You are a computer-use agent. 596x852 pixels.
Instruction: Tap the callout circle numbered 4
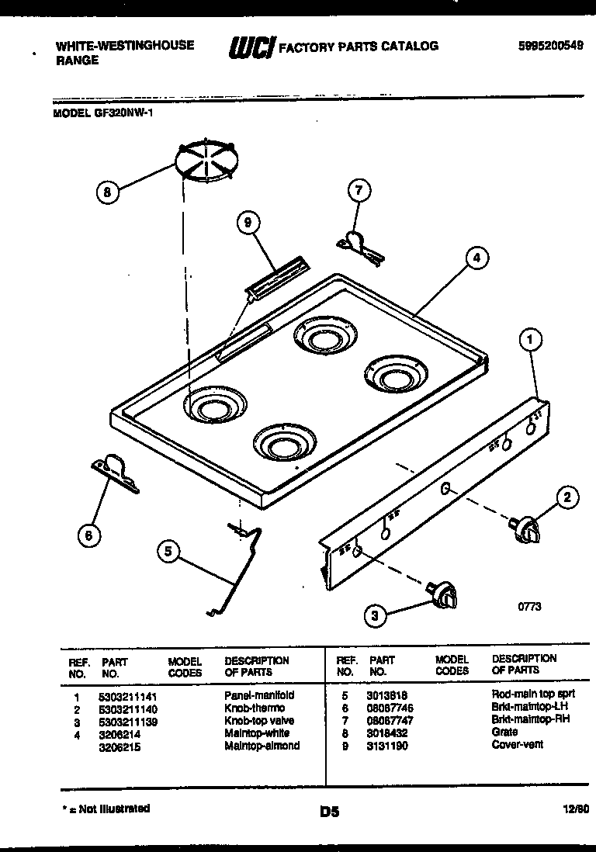(477, 258)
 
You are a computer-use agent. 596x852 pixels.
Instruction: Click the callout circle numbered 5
(168, 552)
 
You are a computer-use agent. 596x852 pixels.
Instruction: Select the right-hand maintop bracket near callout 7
(359, 244)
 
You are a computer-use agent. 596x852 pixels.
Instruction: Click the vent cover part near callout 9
(277, 278)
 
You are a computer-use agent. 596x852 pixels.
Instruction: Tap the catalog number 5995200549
(550, 46)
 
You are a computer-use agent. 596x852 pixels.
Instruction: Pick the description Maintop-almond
(262, 746)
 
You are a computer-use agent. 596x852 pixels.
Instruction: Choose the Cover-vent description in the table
(518, 745)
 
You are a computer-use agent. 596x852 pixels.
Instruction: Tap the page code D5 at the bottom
(329, 812)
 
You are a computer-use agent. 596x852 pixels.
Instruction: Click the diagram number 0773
(529, 606)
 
